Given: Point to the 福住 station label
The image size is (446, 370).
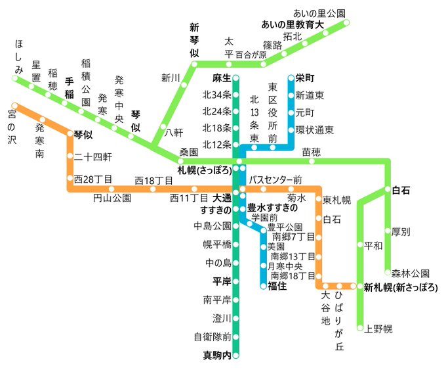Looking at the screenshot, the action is (x=277, y=286).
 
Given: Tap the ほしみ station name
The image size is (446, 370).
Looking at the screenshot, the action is (x=19, y=56).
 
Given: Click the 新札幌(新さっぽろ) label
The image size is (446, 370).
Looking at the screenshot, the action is (x=401, y=287).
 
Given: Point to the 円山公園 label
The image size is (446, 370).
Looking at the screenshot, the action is (x=112, y=197).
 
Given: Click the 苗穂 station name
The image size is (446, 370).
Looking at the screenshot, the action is (x=311, y=152).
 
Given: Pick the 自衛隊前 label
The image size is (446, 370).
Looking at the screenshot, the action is (x=213, y=337).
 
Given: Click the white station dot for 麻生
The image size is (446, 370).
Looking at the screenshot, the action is (x=236, y=78).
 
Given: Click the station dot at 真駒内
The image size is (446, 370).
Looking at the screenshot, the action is (x=236, y=356).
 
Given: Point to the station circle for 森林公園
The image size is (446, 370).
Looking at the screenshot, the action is (x=387, y=273).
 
